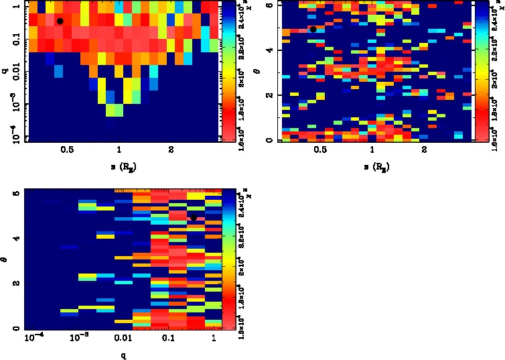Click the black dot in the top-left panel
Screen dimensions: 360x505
[60, 21]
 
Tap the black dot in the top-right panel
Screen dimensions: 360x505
[313, 29]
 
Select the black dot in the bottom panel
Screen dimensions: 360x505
[194, 218]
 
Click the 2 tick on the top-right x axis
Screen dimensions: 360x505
[424, 150]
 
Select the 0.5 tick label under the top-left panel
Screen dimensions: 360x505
[67, 150]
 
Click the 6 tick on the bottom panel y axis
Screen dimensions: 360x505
[15, 193]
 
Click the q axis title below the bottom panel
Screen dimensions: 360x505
[124, 355]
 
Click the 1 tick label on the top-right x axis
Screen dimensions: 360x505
[372, 150]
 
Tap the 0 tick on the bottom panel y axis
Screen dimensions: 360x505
[15, 328]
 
